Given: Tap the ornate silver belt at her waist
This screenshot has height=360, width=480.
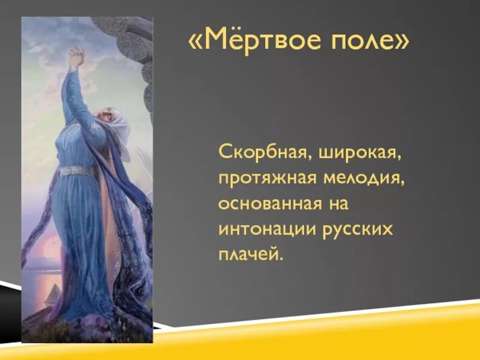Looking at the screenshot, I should (x=76, y=170).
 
